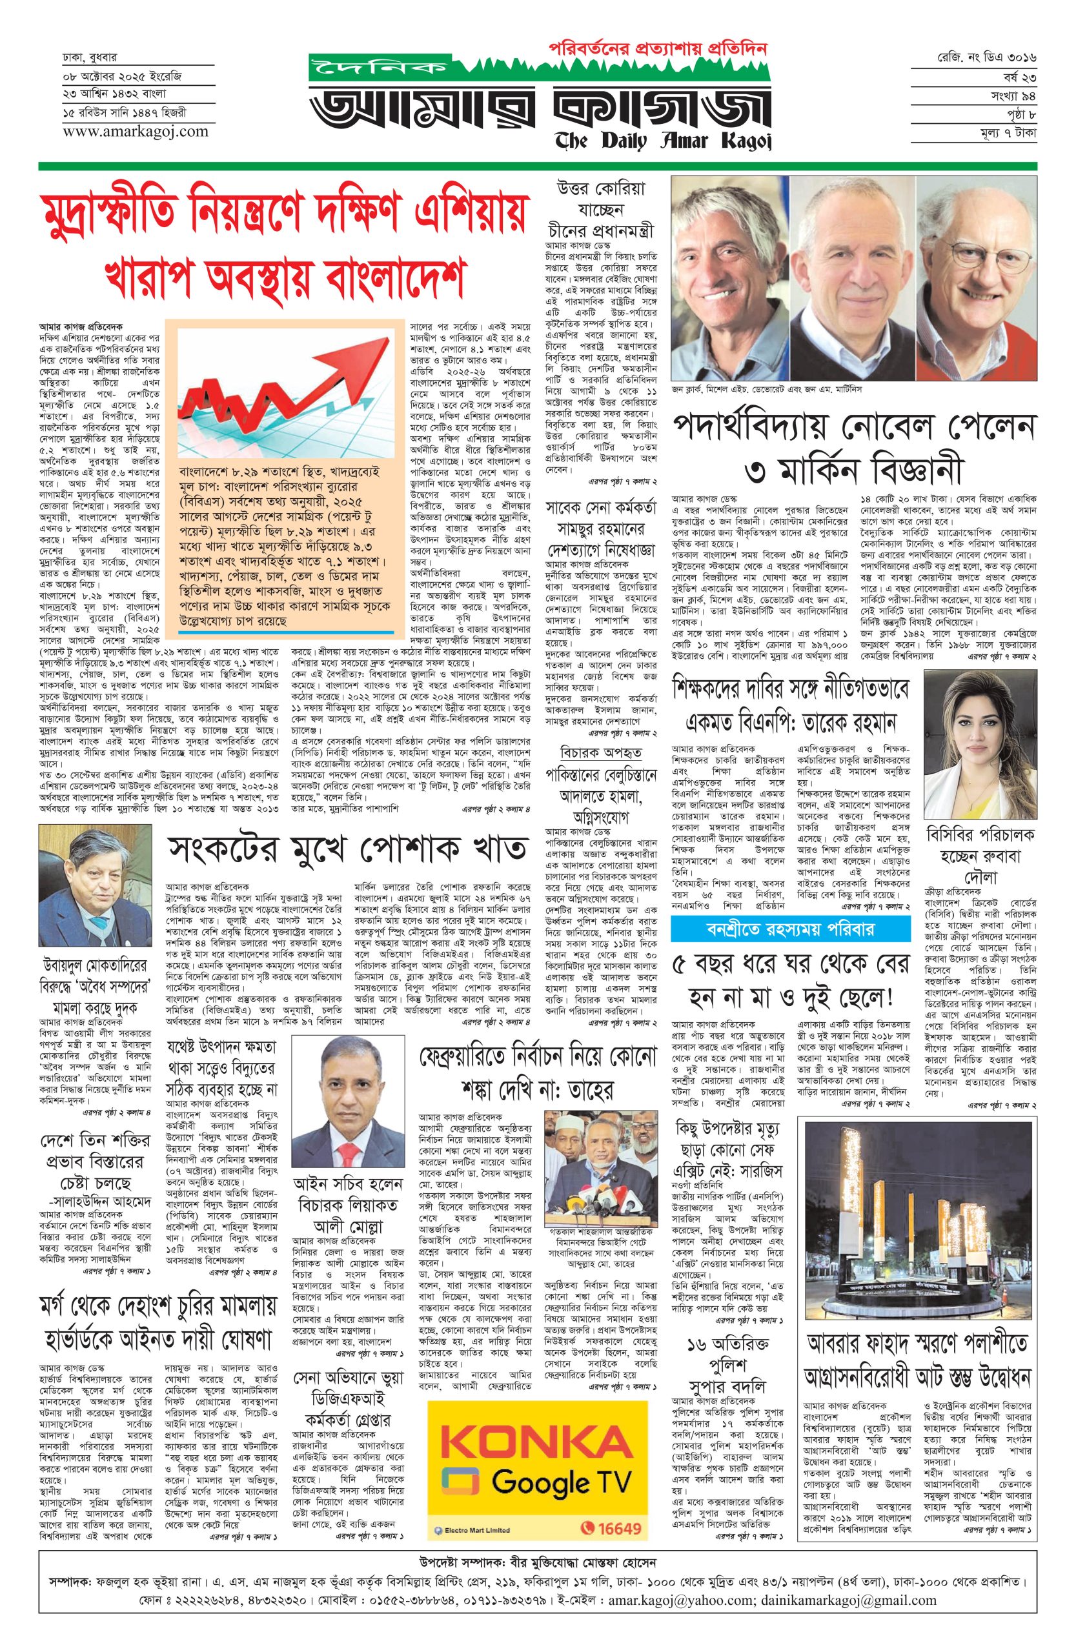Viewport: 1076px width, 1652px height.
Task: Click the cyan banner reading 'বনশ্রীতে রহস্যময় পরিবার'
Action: [x=790, y=929]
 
